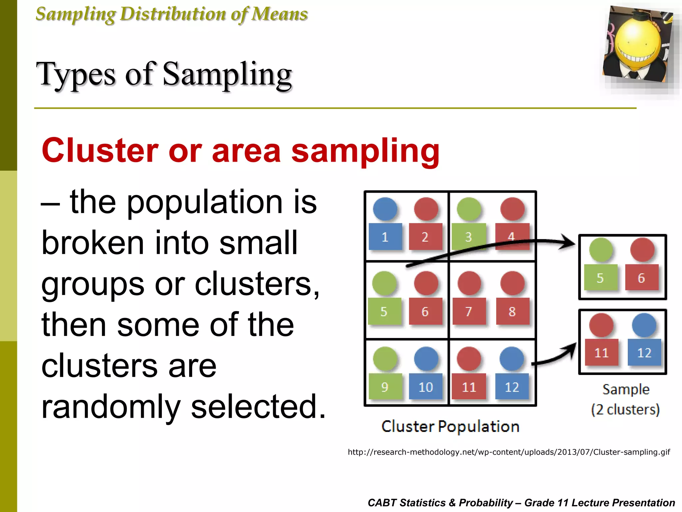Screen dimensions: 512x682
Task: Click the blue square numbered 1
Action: [x=385, y=237]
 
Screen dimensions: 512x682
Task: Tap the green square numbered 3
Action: [x=468, y=237]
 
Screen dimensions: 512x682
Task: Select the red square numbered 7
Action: [x=469, y=311]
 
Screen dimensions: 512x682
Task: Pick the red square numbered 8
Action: [x=512, y=311]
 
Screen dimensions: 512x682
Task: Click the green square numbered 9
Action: [x=385, y=387]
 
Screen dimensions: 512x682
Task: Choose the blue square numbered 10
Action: [x=426, y=387]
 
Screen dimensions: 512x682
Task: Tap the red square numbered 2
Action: [x=425, y=237]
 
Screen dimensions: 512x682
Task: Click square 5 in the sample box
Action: [x=600, y=278]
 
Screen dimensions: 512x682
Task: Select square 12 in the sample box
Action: [x=644, y=352]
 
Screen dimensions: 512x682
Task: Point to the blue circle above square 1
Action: [x=385, y=209]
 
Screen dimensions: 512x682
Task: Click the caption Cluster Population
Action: [x=450, y=426]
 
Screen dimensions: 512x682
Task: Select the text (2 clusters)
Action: [x=625, y=410]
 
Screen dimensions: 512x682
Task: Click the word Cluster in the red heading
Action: [x=100, y=151]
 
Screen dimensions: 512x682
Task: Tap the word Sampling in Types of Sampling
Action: [x=227, y=75]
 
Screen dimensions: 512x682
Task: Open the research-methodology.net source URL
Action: [x=509, y=452]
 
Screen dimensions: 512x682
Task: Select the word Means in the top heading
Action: [x=279, y=14]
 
